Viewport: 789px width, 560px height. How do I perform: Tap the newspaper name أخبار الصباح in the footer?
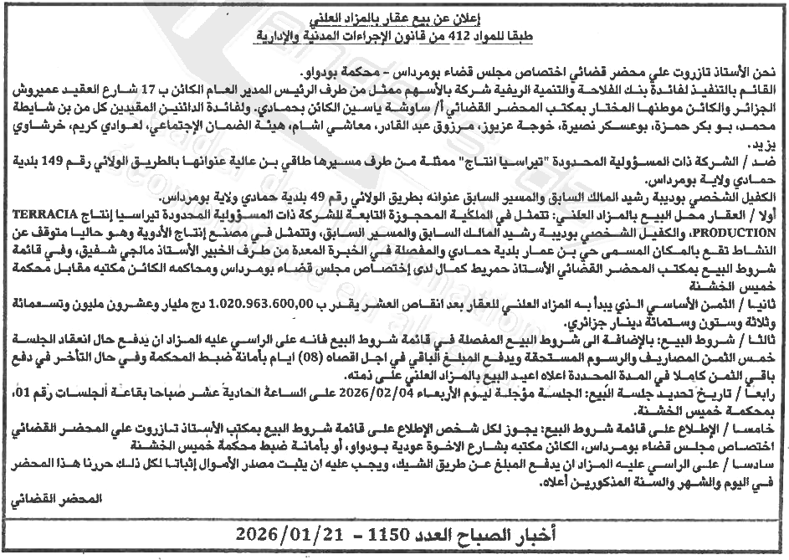pyautogui.click(x=522, y=533)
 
